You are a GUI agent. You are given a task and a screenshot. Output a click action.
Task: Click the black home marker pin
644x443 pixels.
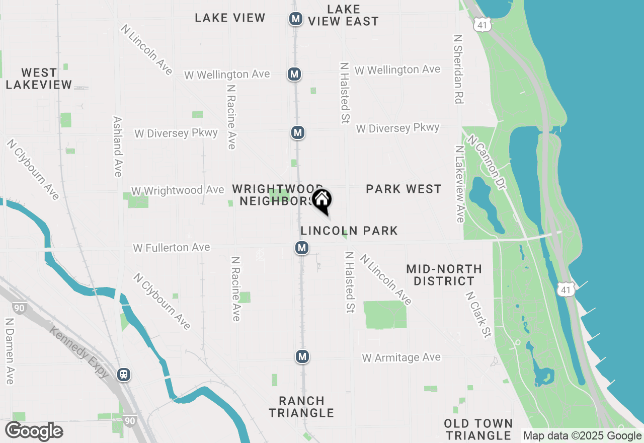tap(322, 200)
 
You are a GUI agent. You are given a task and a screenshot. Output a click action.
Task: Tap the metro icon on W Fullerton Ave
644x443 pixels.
tap(301, 248)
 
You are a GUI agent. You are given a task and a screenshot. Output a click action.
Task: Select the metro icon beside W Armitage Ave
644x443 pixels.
tap(302, 356)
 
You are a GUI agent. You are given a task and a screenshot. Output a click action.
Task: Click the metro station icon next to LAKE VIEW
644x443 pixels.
tap(295, 19)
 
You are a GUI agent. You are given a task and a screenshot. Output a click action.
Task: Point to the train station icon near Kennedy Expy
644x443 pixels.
tap(123, 375)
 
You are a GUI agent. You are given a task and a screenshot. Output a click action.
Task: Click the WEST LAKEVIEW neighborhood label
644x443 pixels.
tap(39, 79)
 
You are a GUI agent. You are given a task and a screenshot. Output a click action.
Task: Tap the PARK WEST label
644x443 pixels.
tap(404, 189)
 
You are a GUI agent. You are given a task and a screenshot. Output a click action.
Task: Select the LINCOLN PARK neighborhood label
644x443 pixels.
tap(349, 231)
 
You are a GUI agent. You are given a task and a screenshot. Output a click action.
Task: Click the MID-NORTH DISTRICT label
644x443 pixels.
tap(444, 275)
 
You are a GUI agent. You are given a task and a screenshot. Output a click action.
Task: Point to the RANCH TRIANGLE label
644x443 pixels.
tap(301, 407)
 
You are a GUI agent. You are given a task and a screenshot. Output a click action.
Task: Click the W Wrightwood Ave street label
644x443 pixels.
tap(177, 190)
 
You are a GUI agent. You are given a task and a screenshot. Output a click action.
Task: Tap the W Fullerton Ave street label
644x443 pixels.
tap(171, 248)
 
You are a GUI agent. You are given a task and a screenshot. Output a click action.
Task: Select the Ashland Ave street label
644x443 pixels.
tap(118, 146)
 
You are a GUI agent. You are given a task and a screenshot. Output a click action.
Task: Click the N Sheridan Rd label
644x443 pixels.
tap(457, 69)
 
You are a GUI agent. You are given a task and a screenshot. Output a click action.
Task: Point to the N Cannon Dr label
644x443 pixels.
tap(486, 162)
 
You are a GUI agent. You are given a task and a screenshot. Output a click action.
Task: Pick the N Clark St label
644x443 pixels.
tap(478, 315)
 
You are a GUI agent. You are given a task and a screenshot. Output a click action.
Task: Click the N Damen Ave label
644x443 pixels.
tap(9, 350)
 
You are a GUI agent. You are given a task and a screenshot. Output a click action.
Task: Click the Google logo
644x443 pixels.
tap(34, 431)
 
